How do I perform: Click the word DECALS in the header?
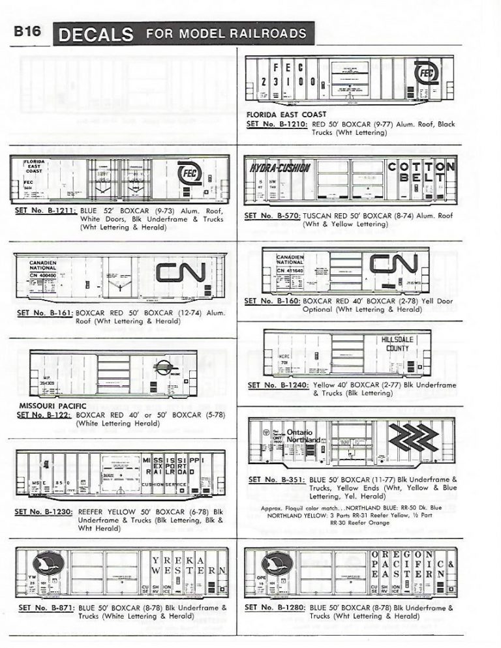click(97, 34)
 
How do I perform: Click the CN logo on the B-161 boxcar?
click(181, 272)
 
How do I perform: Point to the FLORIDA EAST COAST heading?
click(286, 114)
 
